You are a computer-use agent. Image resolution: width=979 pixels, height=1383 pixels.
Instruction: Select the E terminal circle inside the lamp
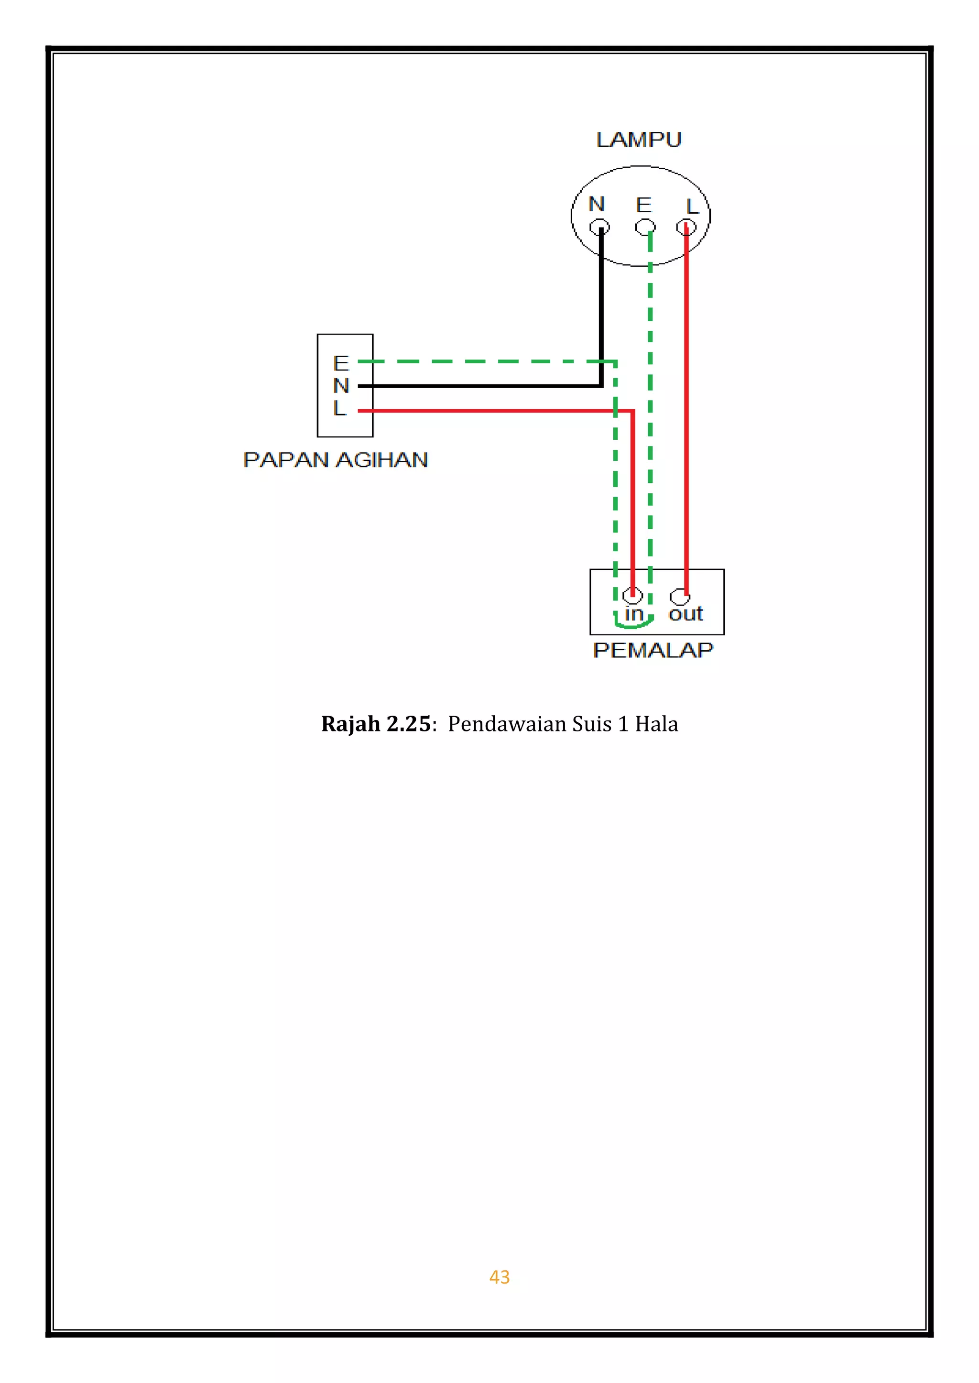click(x=645, y=227)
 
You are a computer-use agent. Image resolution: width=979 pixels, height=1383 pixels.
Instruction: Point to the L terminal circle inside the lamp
click(x=686, y=227)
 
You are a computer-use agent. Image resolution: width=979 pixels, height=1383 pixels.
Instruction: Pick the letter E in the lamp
click(x=644, y=206)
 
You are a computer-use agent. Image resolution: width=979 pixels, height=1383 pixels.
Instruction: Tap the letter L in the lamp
click(x=692, y=207)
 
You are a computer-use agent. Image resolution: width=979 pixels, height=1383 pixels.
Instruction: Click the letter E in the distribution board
click(x=341, y=363)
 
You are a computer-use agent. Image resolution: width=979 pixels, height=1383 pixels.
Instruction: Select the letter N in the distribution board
click(x=341, y=385)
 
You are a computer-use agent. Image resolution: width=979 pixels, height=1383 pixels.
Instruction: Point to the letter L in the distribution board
click(x=339, y=408)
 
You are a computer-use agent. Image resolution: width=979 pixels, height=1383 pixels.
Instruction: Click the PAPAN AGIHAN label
click(x=336, y=460)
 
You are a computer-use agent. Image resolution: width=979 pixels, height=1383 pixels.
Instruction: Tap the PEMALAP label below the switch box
click(x=653, y=650)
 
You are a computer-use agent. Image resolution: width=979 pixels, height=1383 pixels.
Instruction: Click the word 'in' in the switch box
click(x=633, y=614)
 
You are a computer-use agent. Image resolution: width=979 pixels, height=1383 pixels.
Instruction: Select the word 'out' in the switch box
click(x=686, y=614)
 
